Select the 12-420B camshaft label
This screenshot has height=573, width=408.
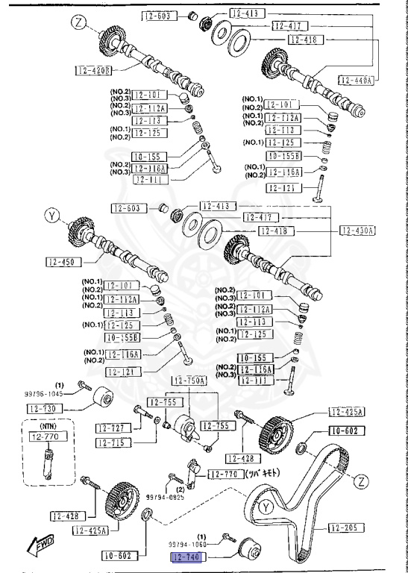point(94,70)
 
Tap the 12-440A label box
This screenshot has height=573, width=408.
point(356,78)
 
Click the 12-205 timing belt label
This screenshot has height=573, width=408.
point(345,527)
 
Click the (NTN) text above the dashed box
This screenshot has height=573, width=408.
point(48,425)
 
